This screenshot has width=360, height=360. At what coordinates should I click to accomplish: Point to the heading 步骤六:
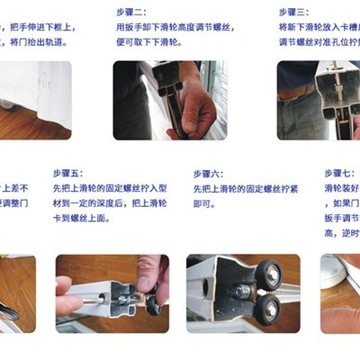tap(210, 173)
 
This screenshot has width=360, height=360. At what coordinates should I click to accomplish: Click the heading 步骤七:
tap(340, 173)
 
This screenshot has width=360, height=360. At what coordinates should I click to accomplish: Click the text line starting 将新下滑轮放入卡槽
tap(319, 28)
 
